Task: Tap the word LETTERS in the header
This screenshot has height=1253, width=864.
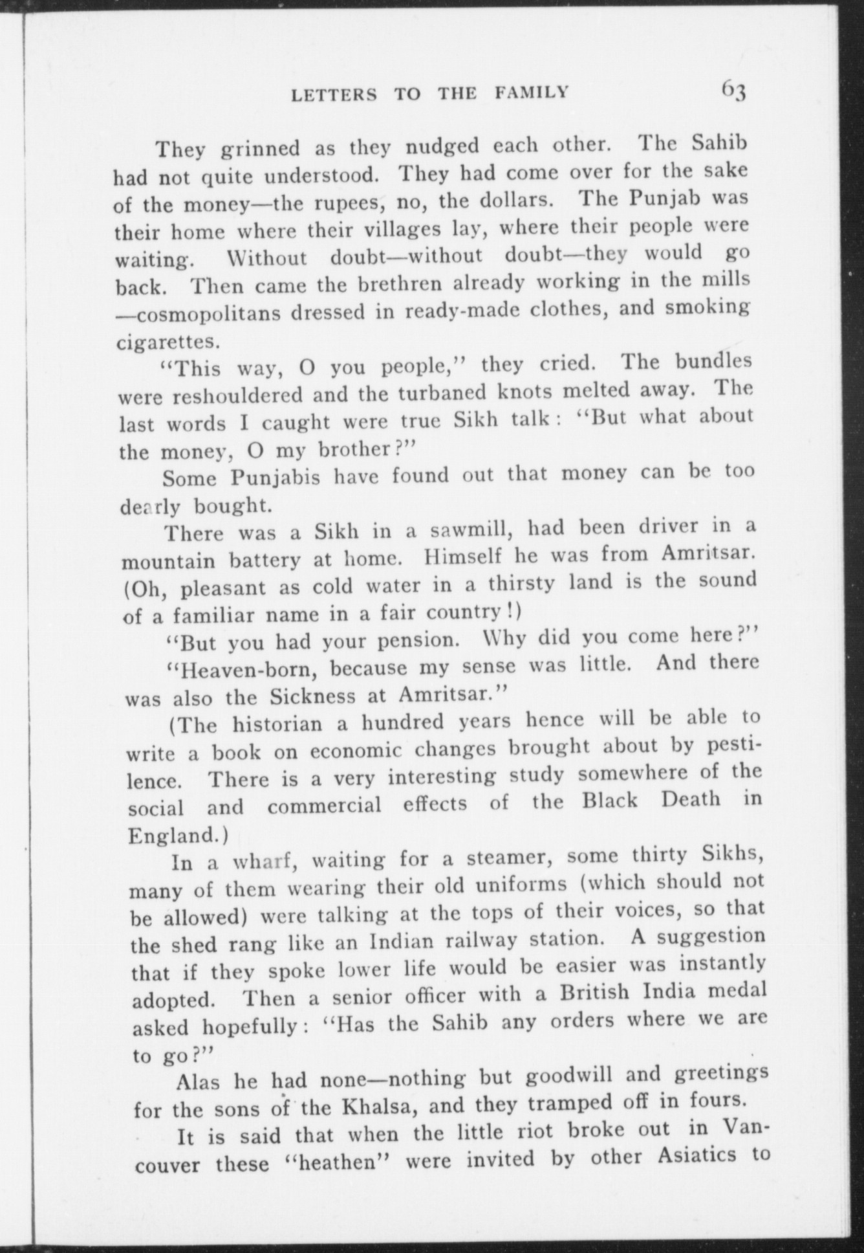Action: point(334,96)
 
